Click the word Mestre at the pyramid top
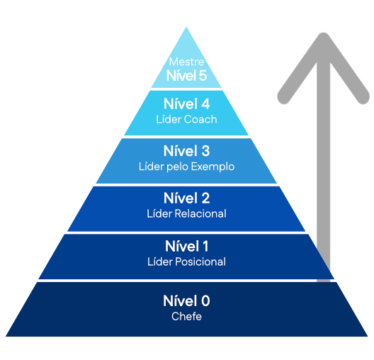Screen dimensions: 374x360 (186, 62)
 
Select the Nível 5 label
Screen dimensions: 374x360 (186, 75)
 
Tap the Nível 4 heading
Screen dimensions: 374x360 (186, 103)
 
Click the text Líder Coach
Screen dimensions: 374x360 (186, 119)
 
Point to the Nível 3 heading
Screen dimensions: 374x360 (186, 151)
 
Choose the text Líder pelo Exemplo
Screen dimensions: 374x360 (186, 167)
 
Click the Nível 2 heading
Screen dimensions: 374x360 (186, 198)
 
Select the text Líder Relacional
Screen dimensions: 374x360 (186, 213)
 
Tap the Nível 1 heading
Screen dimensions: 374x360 (186, 246)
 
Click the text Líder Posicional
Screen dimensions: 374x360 (186, 261)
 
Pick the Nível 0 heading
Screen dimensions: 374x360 (186, 301)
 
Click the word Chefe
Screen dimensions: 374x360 (186, 316)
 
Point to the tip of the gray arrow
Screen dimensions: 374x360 (324, 33)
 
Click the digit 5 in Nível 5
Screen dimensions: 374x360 (203, 75)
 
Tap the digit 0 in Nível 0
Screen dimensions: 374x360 (205, 301)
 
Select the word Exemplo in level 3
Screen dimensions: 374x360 (212, 167)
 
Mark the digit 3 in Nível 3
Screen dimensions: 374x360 (205, 151)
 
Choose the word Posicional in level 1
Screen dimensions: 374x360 (200, 261)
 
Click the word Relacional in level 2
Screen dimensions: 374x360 (200, 213)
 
